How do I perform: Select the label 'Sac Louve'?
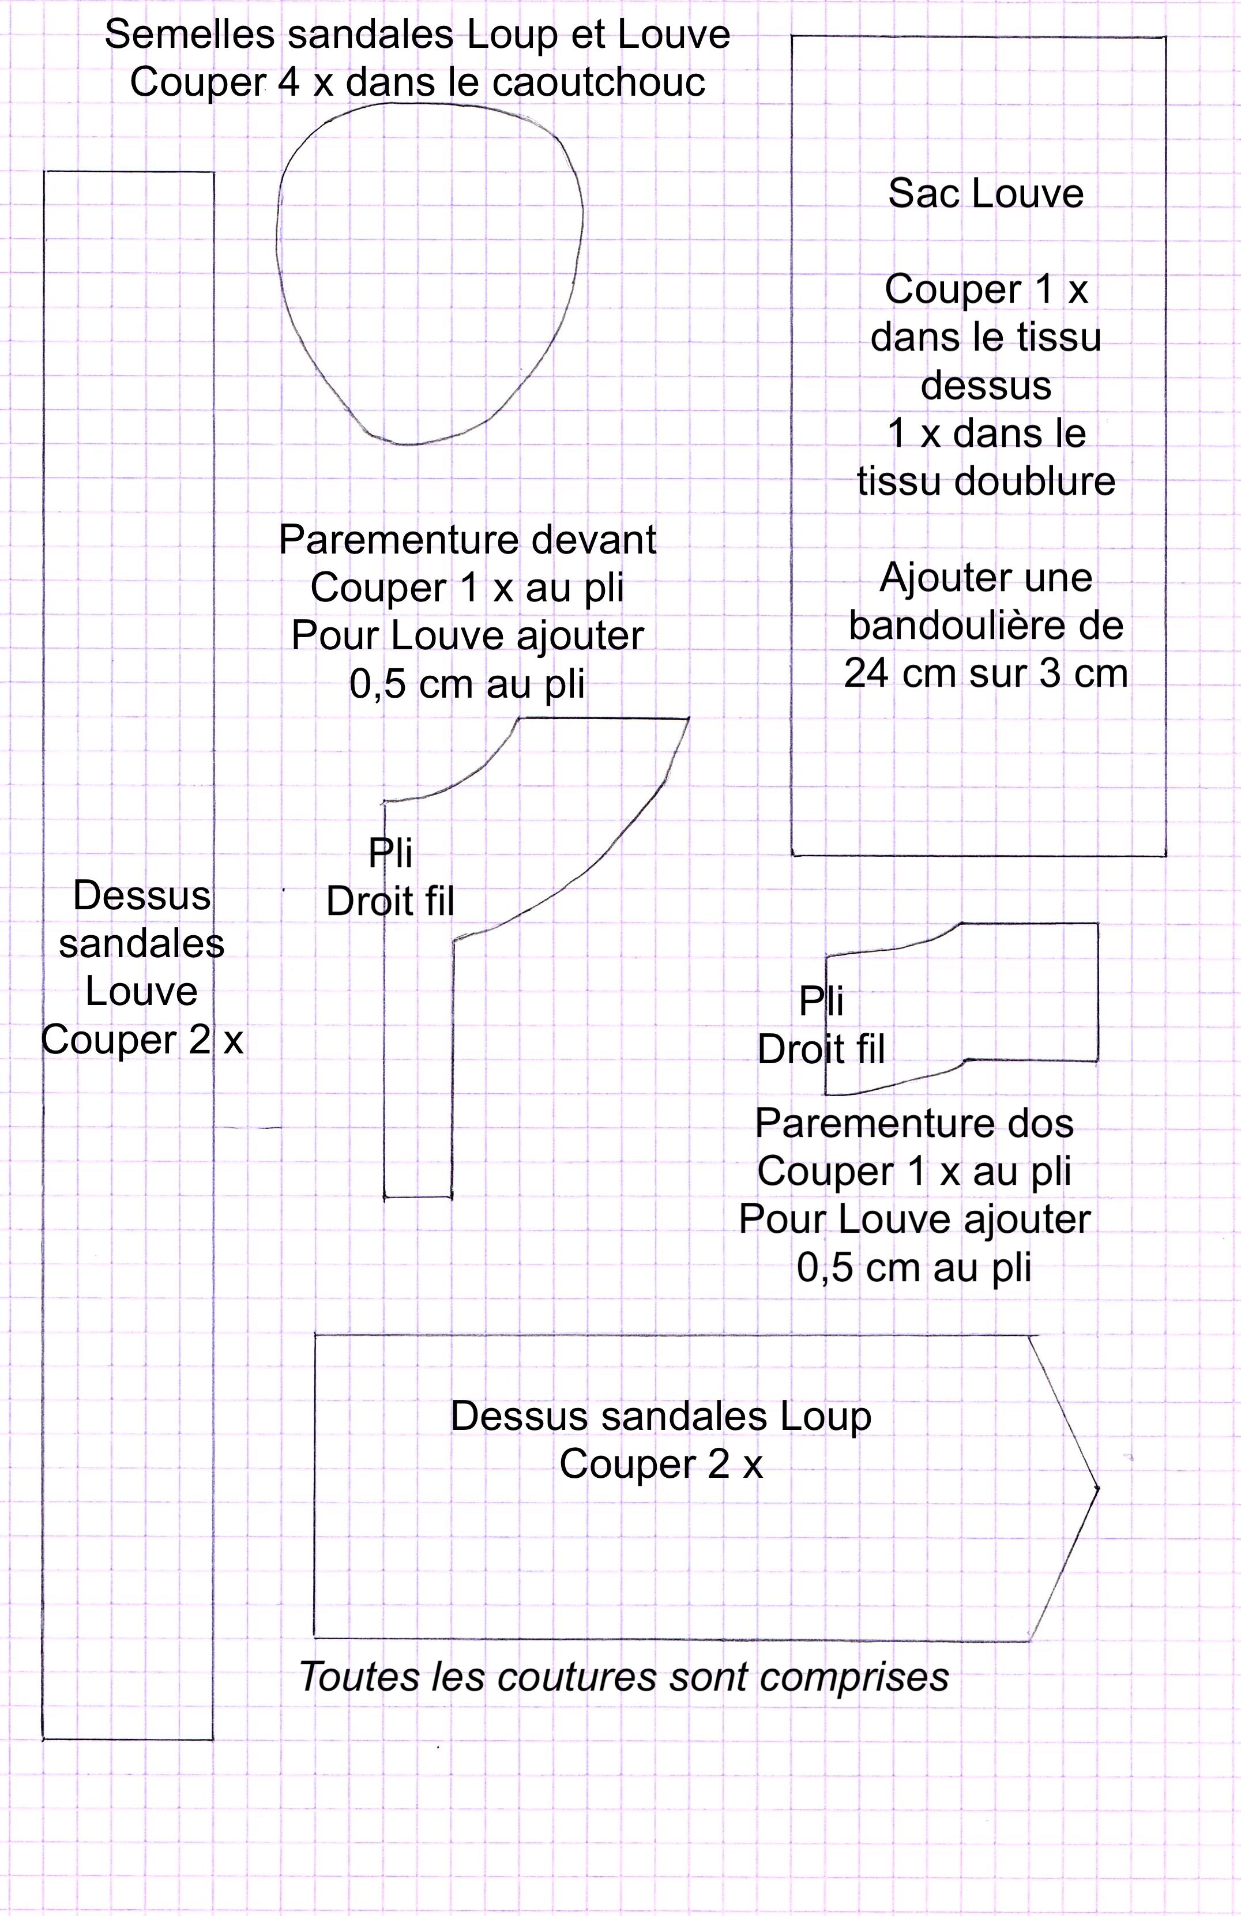point(986,194)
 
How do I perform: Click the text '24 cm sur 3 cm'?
point(986,673)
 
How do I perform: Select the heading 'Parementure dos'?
point(914,1124)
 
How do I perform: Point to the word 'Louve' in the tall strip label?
point(142,992)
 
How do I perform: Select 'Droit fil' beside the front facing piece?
point(390,902)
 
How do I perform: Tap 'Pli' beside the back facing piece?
point(821,1002)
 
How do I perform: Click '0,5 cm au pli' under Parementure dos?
point(914,1267)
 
